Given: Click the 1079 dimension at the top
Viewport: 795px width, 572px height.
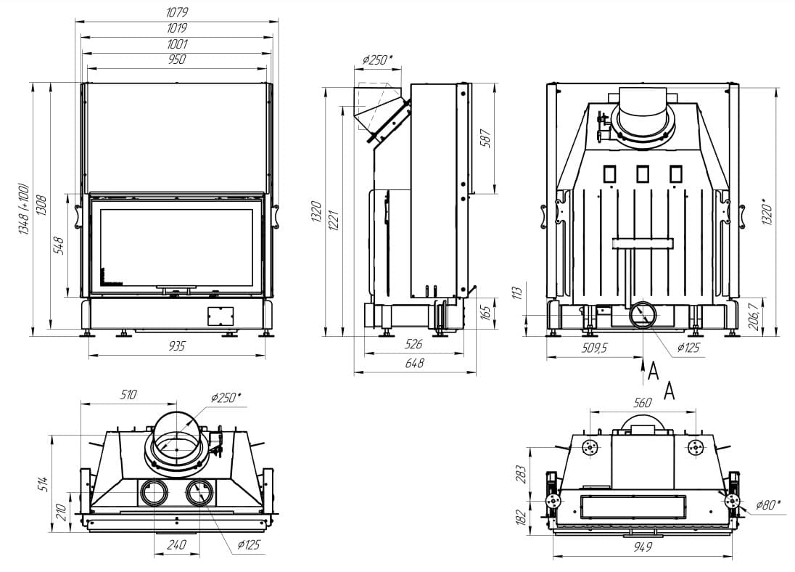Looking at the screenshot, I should (x=178, y=12).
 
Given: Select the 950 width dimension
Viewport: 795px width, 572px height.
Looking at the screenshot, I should (x=177, y=60).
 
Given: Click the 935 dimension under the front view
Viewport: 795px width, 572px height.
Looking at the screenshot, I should (x=176, y=346).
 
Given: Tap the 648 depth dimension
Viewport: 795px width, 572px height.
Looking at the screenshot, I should (x=414, y=363).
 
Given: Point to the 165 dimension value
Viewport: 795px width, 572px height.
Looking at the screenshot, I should (x=486, y=313).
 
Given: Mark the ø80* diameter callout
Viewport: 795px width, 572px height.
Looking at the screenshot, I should (x=767, y=504).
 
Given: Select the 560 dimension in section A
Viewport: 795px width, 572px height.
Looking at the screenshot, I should (x=643, y=403).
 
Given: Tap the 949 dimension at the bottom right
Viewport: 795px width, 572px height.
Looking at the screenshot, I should (x=642, y=547).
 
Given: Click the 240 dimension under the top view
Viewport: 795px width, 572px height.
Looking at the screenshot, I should (x=176, y=544).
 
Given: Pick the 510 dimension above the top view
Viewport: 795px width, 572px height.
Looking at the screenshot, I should (x=128, y=394).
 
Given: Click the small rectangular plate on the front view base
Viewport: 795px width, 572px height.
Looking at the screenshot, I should (x=220, y=315).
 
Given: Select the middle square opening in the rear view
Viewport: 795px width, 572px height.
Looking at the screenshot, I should (x=643, y=173).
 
